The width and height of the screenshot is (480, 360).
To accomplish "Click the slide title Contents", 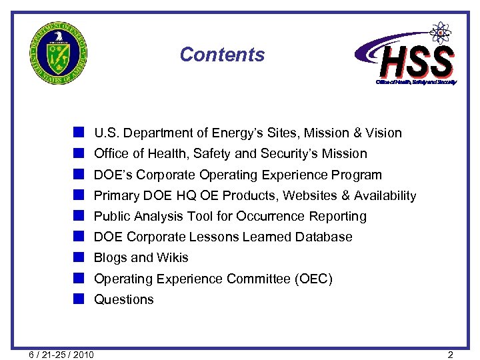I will (222, 55).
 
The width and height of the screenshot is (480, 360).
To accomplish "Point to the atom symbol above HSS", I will (440, 31).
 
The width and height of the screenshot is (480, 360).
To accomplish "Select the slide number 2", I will (451, 355).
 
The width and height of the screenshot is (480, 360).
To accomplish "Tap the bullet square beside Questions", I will (79, 299).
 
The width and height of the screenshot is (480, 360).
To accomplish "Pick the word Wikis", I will (172, 258).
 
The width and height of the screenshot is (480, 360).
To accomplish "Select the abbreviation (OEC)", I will (313, 279).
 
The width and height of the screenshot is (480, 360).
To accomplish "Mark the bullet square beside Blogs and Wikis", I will (79, 257).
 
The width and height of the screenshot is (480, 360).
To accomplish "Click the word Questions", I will (123, 299).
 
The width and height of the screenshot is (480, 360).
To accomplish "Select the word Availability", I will (385, 196).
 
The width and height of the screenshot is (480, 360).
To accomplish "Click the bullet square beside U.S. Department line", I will (79, 133).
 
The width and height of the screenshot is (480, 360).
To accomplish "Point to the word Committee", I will (258, 279).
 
